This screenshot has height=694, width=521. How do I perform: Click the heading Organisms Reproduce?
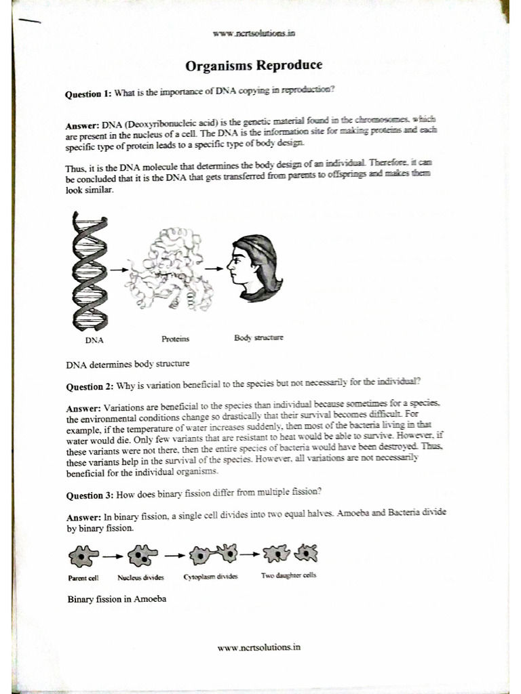(254, 66)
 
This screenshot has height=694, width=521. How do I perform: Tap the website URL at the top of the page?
(254, 33)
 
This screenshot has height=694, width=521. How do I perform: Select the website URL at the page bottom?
(258, 647)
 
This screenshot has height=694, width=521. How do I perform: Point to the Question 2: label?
(89, 388)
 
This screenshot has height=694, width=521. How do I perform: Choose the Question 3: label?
(89, 495)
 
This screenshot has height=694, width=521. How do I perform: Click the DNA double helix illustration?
(88, 270)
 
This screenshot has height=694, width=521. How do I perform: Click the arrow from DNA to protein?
(119, 270)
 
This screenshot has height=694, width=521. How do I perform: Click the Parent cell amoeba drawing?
(83, 556)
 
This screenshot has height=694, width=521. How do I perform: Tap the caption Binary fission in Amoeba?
(117, 599)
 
